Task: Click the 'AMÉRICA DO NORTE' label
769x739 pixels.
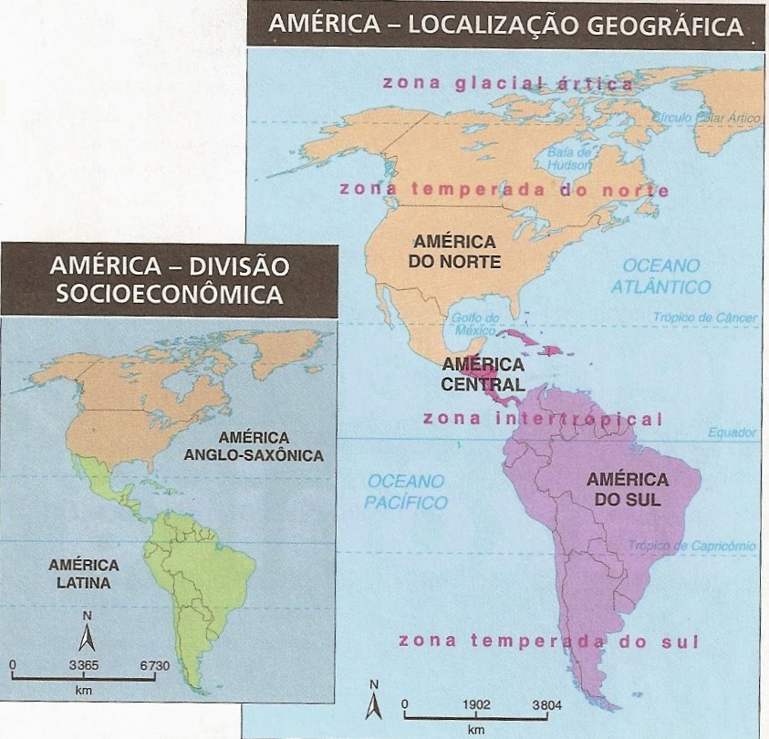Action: coord(454,252)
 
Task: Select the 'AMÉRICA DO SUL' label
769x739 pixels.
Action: coord(628,489)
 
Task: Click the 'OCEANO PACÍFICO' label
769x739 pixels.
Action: coord(406,491)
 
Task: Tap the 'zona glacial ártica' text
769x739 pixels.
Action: coord(507,83)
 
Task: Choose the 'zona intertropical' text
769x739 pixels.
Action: coord(542,420)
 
